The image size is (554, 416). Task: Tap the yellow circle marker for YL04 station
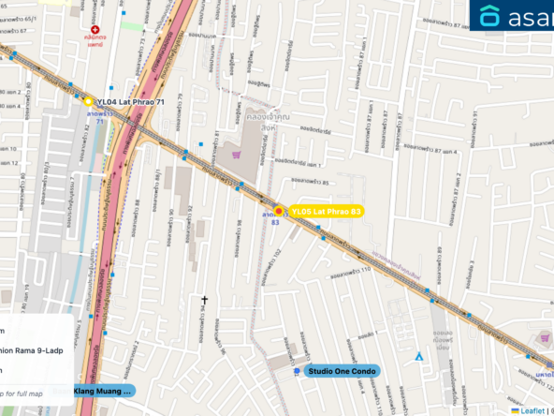pyautogui.click(x=87, y=100)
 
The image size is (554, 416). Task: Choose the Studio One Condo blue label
pyautogui.click(x=343, y=371)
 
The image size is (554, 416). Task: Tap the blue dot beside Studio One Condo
pyautogui.click(x=298, y=371)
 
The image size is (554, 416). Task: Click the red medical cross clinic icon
pyautogui.click(x=95, y=30)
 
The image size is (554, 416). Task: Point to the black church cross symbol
pyautogui.click(x=203, y=300)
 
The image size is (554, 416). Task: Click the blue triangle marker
pyautogui.click(x=417, y=356)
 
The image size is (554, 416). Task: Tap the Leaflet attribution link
pyautogui.click(x=533, y=409)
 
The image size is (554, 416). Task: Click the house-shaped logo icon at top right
pyautogui.click(x=490, y=16)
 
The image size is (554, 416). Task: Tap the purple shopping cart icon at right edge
pyautogui.click(x=546, y=337)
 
